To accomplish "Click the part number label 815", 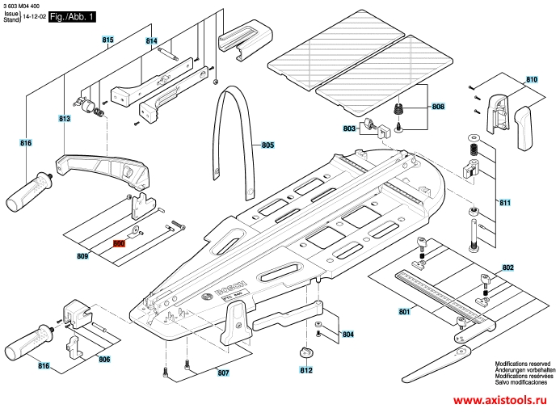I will [x=107, y=40].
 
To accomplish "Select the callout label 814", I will [x=151, y=41].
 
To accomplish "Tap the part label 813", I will [x=65, y=118].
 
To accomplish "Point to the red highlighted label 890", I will [x=119, y=242].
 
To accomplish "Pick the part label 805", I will [x=267, y=145].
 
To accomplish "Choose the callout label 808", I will [x=437, y=107].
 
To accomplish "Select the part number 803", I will [x=349, y=128].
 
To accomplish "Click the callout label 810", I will [x=531, y=79].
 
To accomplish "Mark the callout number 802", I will [x=507, y=267].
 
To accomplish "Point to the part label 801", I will [x=404, y=311].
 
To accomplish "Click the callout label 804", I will [x=347, y=334].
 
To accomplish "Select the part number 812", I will [x=306, y=371].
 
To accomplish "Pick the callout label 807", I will [x=222, y=373].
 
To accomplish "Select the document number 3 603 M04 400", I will [x=27, y=5].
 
